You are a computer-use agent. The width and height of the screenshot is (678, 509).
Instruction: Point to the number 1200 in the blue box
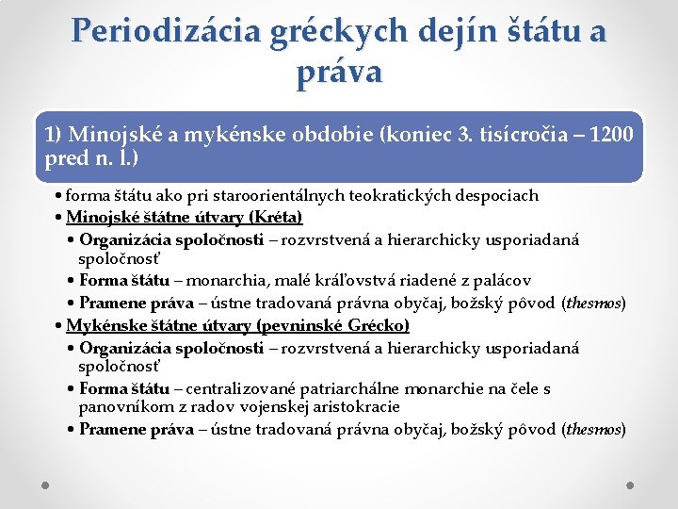tap(608, 134)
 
